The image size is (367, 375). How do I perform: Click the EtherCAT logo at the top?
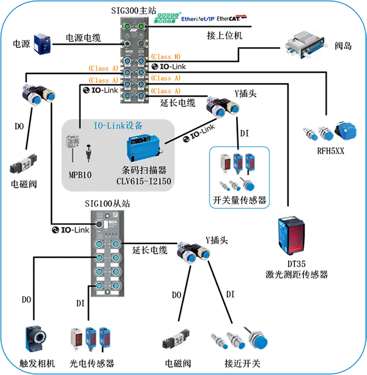(232, 18)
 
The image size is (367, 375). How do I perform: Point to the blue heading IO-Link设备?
(118, 125)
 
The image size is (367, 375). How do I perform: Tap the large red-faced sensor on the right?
(291, 233)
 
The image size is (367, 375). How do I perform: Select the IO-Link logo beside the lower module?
(69, 230)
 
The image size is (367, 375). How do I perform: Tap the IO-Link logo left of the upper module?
(100, 91)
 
